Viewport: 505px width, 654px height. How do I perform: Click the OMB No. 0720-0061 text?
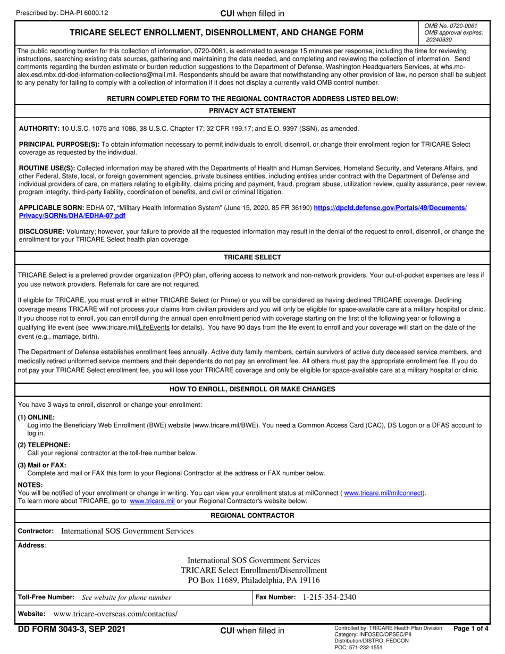(x=451, y=26)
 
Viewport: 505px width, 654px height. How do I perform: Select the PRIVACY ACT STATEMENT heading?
(x=252, y=111)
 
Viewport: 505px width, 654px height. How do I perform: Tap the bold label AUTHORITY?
(x=39, y=129)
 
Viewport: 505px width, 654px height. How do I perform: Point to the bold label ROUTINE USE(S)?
(x=47, y=168)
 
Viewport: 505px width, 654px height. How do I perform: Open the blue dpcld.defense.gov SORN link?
(x=390, y=208)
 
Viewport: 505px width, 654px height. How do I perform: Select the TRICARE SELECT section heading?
(x=252, y=257)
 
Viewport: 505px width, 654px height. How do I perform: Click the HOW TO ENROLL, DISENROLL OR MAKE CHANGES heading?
(x=252, y=389)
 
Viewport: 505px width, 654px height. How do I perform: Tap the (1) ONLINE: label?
(x=36, y=417)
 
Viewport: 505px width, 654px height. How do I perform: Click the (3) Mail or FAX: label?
(x=42, y=465)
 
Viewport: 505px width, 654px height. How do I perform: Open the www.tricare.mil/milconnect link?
(x=384, y=493)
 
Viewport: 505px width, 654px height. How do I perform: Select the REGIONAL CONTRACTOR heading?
(x=252, y=516)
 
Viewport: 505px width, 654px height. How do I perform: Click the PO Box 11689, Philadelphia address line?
(x=254, y=580)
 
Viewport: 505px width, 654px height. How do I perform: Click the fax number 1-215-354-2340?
(x=330, y=597)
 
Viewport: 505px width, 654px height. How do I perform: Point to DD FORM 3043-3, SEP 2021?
(x=72, y=630)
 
